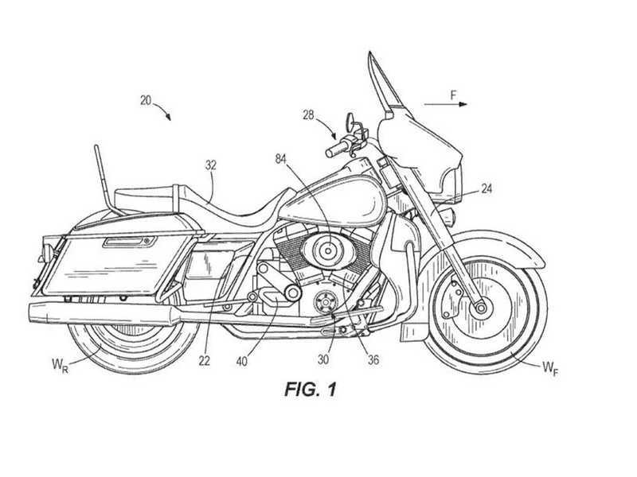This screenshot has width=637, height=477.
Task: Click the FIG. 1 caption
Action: [x=311, y=390]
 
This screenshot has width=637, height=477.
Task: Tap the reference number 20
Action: [x=146, y=100]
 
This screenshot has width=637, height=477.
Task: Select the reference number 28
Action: [x=308, y=115]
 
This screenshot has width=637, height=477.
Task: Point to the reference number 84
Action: [x=281, y=159]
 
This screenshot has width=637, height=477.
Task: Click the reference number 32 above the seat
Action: [x=210, y=165]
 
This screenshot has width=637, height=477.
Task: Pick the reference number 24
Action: [x=487, y=188]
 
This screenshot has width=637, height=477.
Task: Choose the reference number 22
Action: [x=205, y=361]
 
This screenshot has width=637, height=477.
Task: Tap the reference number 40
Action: [x=241, y=361]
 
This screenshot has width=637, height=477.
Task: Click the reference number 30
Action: [x=323, y=359]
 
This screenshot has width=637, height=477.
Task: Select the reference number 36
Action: [x=373, y=359]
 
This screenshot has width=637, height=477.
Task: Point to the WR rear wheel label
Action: [x=60, y=365]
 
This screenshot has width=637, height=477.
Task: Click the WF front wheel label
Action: [x=550, y=369]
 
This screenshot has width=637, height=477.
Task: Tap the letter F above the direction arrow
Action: [x=453, y=95]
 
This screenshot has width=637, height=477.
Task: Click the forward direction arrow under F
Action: [x=446, y=104]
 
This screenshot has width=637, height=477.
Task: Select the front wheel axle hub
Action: [x=481, y=308]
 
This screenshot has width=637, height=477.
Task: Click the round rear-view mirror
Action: [x=350, y=119]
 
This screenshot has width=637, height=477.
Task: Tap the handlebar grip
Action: [x=336, y=149]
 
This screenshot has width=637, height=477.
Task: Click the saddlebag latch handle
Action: [x=129, y=242]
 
